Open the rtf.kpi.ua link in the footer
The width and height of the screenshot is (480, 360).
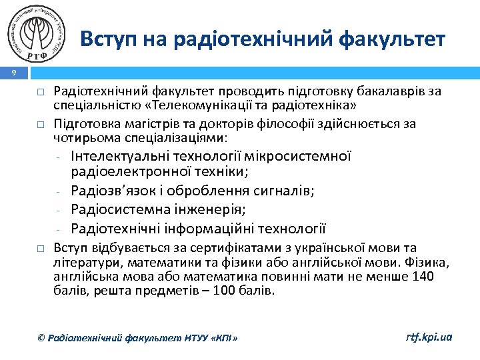coord(429,337)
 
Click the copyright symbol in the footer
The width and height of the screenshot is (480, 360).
coord(41,339)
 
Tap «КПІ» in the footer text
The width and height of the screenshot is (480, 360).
coord(223,339)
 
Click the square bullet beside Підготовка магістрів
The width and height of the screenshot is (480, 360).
coord(41,124)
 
